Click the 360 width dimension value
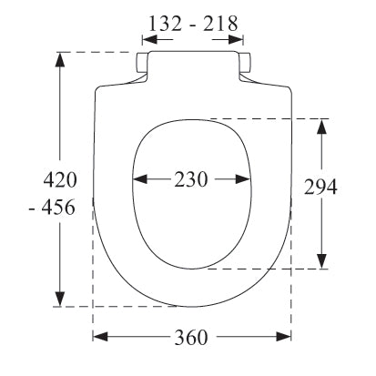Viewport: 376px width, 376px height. point(191,337)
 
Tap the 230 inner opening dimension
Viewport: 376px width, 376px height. point(191,179)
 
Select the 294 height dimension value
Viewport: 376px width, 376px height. point(320,187)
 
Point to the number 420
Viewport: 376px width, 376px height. point(60,179)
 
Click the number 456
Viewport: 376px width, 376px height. point(58,208)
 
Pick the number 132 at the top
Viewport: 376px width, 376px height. point(165,24)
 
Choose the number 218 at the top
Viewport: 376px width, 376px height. point(220,24)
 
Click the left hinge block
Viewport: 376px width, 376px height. point(142,63)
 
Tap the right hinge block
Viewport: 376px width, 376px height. point(245,63)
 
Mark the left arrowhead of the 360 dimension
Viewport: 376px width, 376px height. point(100,337)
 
